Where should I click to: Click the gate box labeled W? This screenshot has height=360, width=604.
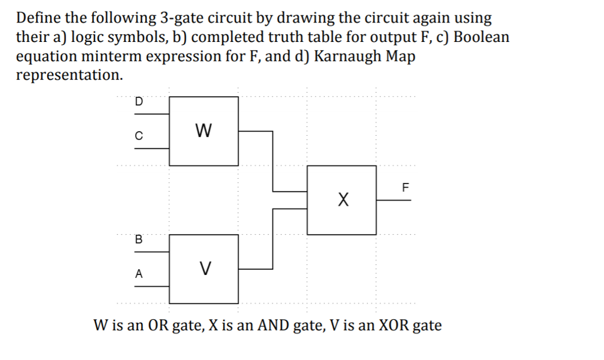203,130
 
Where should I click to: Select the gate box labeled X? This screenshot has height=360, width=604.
342,199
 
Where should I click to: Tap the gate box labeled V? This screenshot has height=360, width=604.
203,269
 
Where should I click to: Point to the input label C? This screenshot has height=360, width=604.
139,135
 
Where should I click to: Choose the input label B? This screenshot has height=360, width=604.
139,239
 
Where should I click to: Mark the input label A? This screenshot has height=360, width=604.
139,273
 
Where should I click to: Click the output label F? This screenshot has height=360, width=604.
405,189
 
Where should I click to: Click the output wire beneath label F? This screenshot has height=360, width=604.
394,200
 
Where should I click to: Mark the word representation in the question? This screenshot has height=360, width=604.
69,75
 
